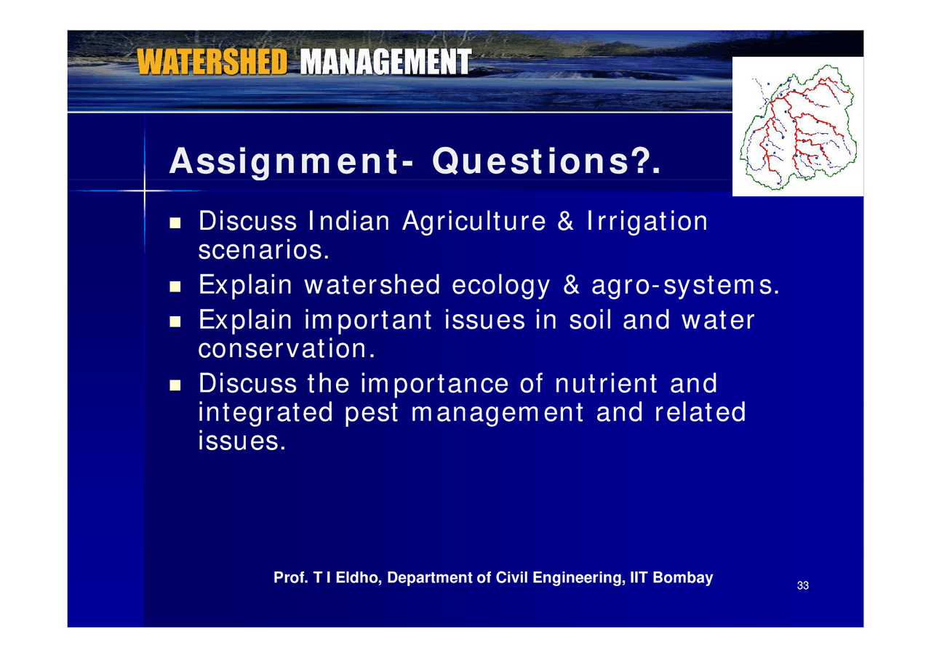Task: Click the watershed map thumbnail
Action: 798,127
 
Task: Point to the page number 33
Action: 803,586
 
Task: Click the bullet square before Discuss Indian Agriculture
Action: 175,222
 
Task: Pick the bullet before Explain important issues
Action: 175,321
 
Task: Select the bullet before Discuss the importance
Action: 175,384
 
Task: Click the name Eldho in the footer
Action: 358,578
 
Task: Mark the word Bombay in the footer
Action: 687,578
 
